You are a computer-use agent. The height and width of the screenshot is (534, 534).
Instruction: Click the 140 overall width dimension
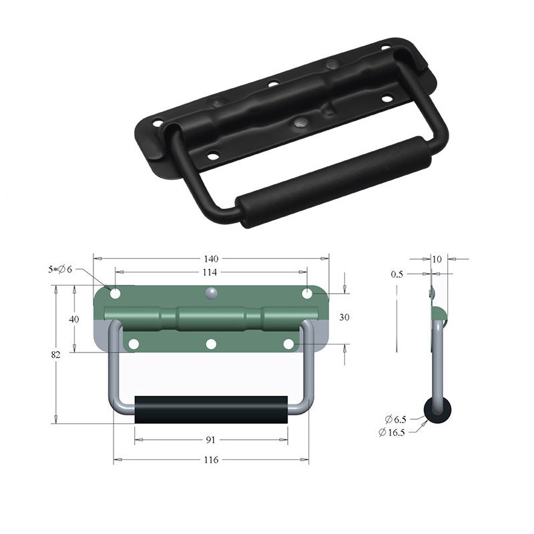coord(211,258)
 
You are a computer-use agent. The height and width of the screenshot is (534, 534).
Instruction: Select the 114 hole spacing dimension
coord(211,272)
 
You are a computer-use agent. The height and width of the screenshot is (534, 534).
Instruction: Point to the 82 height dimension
coord(55,354)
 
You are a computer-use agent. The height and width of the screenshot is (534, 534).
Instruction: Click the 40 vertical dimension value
coord(74,319)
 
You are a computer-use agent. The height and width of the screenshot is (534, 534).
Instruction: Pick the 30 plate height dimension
coord(344,318)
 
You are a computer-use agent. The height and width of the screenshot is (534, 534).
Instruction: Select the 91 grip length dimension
coord(211,440)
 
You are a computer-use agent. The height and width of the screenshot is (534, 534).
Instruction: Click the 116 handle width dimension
coord(211,460)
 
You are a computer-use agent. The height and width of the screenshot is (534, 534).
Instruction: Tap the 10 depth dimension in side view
coord(437,258)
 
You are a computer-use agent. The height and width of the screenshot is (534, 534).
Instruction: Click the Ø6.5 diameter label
coord(395,419)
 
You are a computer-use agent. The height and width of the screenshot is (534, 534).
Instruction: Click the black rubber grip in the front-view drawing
coord(211,409)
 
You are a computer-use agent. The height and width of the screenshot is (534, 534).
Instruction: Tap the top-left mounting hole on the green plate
coord(115,294)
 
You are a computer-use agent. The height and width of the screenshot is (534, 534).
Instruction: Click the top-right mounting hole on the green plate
coord(307,294)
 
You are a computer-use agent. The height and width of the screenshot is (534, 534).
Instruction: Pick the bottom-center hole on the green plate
coord(211,344)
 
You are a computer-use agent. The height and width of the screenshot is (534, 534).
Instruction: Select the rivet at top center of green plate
coord(211,292)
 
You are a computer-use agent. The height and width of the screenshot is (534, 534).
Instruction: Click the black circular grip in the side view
coord(437,411)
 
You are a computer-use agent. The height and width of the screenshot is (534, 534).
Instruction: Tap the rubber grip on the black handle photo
coord(334,180)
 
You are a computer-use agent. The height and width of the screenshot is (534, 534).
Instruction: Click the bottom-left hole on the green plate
coord(133,344)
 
